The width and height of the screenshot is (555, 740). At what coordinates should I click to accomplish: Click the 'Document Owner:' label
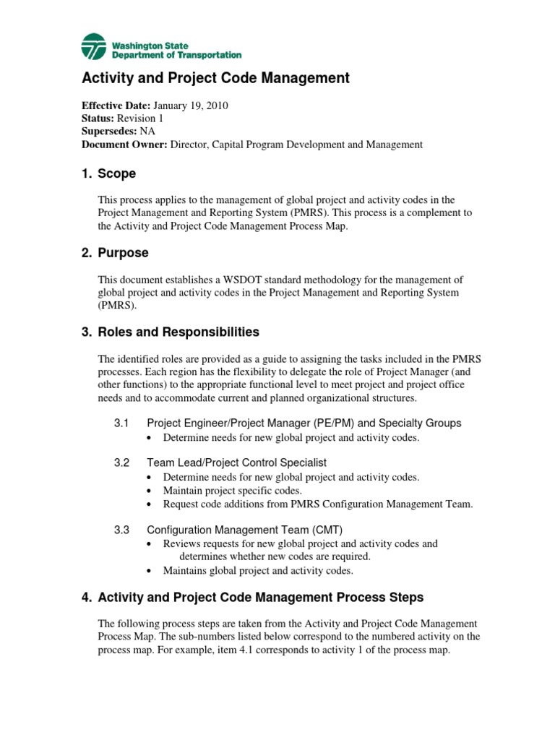(124, 145)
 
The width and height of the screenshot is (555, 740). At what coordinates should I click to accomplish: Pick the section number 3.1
(121, 423)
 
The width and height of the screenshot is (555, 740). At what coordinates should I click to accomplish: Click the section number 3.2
(121, 462)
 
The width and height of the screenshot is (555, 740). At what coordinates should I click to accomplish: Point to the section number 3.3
(121, 530)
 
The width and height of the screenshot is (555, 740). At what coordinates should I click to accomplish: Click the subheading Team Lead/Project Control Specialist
(237, 462)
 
